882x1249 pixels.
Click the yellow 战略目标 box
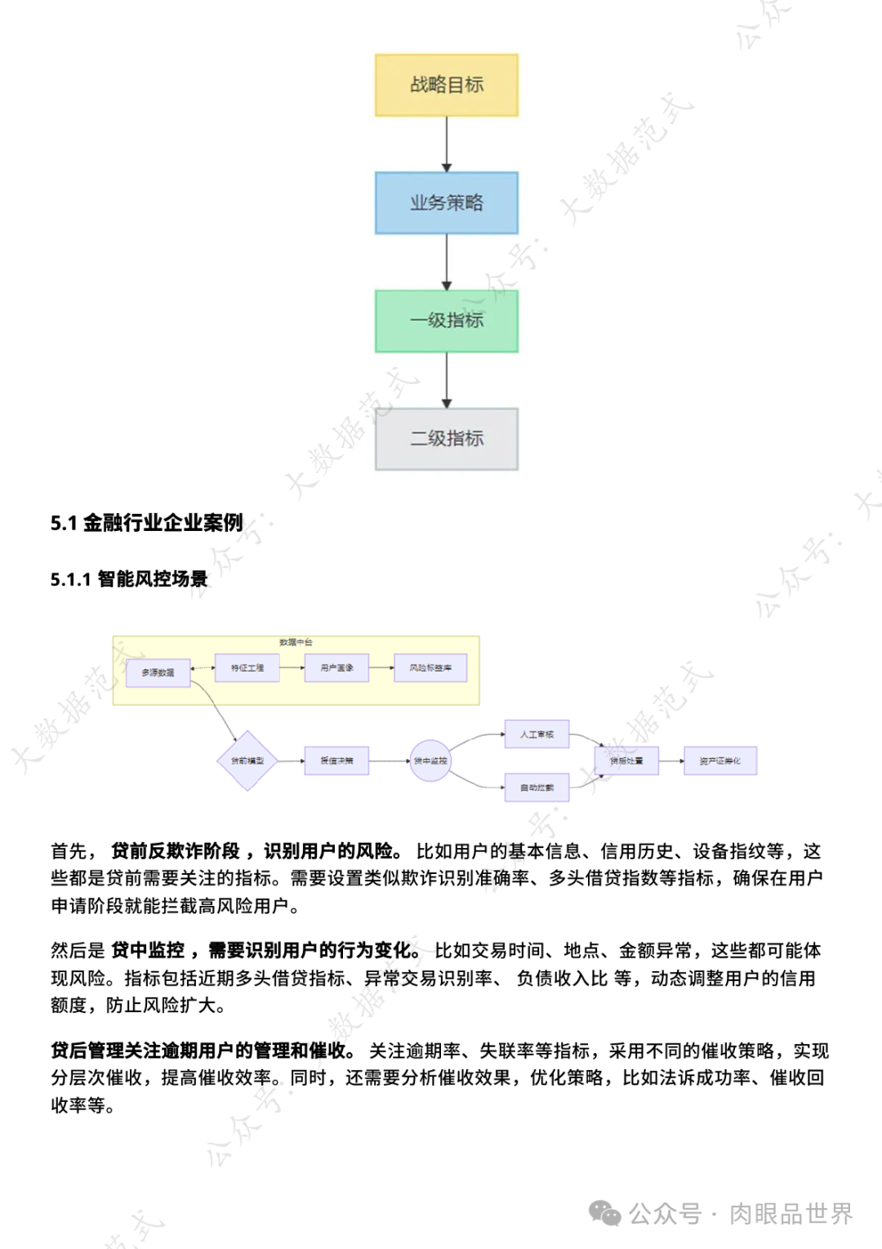(x=446, y=85)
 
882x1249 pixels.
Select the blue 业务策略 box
(x=446, y=203)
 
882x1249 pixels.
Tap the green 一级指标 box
(x=446, y=320)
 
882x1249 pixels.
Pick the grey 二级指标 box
(x=446, y=439)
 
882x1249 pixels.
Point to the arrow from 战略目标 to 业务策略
(x=446, y=144)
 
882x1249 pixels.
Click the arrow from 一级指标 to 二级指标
(x=446, y=380)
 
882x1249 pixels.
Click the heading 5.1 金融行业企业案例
(x=147, y=523)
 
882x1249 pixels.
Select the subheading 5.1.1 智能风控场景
(x=129, y=579)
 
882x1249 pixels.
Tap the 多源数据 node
(x=158, y=672)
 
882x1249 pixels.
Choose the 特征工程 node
(x=247, y=667)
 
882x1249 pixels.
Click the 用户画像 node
(x=336, y=667)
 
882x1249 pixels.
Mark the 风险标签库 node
(x=430, y=667)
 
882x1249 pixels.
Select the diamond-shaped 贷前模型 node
(x=247, y=761)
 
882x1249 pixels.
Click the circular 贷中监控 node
(x=430, y=761)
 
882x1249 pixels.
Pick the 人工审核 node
(x=537, y=734)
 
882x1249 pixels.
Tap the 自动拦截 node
(x=537, y=787)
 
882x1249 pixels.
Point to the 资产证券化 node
(x=719, y=761)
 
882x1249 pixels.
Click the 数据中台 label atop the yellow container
(x=296, y=642)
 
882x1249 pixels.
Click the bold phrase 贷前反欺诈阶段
(x=176, y=851)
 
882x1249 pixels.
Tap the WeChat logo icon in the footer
(x=605, y=1213)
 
